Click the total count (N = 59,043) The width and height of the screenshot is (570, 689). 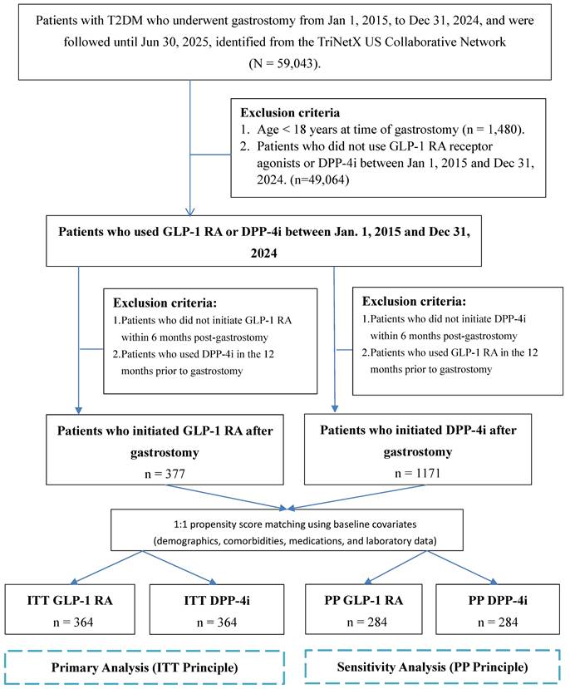285,62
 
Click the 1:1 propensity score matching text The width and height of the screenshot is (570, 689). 285,520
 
